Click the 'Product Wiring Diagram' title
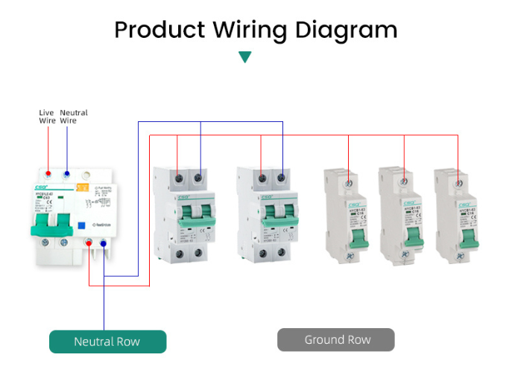(x=256, y=31)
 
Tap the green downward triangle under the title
(x=244, y=57)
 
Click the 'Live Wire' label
(x=48, y=117)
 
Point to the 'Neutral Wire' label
(x=73, y=117)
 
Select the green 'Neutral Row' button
(x=107, y=341)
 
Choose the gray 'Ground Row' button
(x=337, y=339)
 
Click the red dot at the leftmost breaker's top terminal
(x=48, y=174)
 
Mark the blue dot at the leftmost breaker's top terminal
(x=67, y=174)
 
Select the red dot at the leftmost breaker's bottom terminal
(x=89, y=243)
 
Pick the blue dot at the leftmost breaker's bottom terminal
(x=103, y=243)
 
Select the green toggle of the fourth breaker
(x=349, y=236)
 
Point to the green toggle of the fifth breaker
(x=405, y=236)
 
